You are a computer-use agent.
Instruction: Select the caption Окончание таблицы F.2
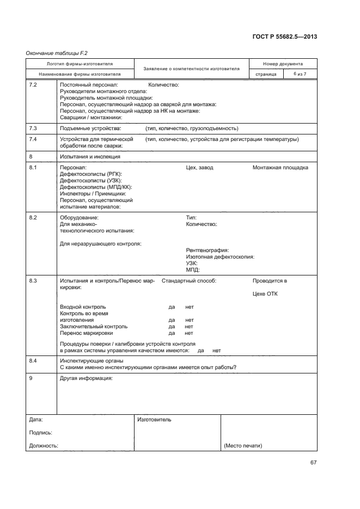click(x=57, y=53)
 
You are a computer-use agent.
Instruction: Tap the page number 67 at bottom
click(x=313, y=463)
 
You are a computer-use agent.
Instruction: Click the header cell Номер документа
click(x=283, y=64)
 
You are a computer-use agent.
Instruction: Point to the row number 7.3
click(x=33, y=128)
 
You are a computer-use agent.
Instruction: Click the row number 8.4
click(x=33, y=361)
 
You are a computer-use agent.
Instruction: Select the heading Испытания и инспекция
click(x=90, y=157)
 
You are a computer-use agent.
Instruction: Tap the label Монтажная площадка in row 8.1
click(x=280, y=168)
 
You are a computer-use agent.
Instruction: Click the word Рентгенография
click(x=208, y=250)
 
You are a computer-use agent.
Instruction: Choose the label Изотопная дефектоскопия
click(x=220, y=257)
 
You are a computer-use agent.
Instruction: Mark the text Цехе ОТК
click(x=265, y=294)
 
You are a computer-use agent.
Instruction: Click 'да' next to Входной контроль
click(x=172, y=307)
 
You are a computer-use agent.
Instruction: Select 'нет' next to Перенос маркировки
click(x=189, y=333)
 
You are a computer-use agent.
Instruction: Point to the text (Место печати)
click(x=243, y=446)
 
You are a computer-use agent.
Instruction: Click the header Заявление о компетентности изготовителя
click(x=191, y=69)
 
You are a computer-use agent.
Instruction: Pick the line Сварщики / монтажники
click(x=91, y=117)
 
